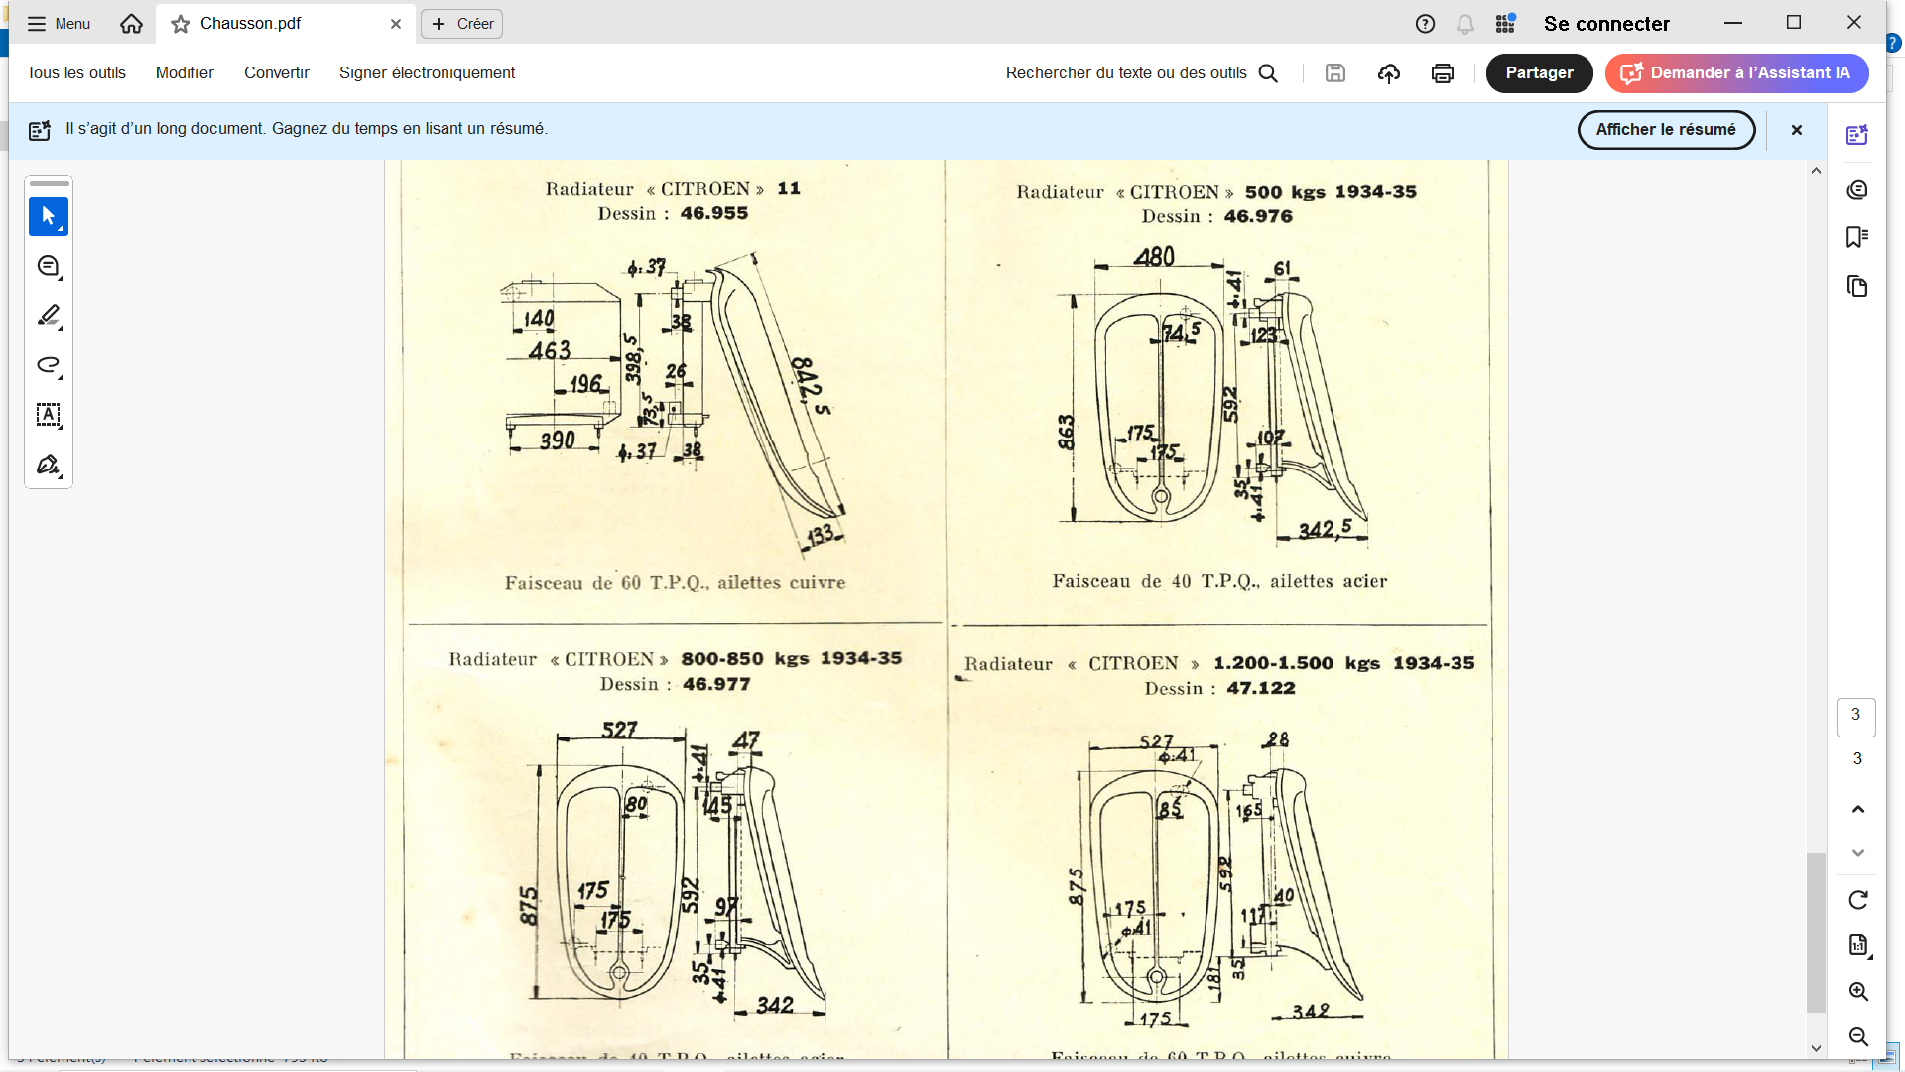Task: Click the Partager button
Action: [1539, 73]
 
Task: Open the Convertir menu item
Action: [277, 73]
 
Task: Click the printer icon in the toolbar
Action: [1442, 73]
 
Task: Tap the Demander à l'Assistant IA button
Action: [1737, 73]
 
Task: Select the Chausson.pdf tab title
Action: [250, 24]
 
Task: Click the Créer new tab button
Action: [462, 24]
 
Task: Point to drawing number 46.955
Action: [713, 213]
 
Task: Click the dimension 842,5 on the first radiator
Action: [811, 386]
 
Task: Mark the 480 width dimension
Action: [1155, 257]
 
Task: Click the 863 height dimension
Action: [1066, 432]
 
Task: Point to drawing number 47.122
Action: [1261, 688]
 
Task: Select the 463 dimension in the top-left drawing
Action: [550, 350]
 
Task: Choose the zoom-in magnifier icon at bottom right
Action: [1858, 992]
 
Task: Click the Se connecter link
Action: [1606, 24]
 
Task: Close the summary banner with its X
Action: [1797, 130]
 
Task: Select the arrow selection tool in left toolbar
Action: [48, 216]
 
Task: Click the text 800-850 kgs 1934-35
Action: [791, 659]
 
